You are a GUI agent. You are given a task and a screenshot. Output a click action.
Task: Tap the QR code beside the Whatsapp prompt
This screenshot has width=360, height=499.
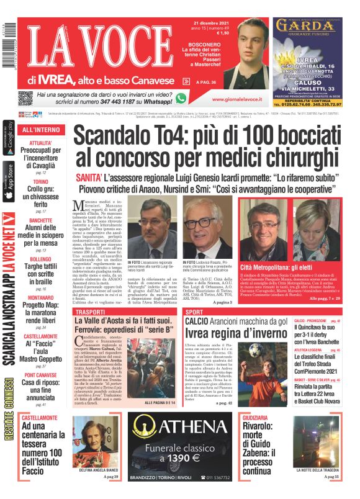point(25,99)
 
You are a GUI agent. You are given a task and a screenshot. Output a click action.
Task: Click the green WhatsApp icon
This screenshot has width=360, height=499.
point(181,98)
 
